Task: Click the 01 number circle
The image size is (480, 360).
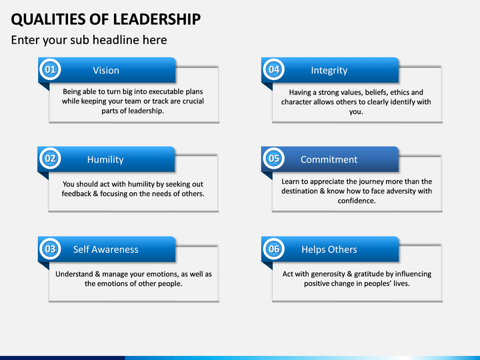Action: [x=50, y=69]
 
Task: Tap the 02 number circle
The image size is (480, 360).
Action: [x=50, y=159]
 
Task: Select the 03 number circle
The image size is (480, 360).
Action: [x=50, y=249]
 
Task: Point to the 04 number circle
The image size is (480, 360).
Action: [x=274, y=69]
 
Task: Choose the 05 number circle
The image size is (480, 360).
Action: [x=274, y=159]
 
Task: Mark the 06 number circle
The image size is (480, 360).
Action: [x=274, y=249]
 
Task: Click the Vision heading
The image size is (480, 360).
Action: [x=106, y=71]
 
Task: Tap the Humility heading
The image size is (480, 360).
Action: [x=105, y=159]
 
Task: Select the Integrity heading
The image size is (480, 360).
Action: [x=329, y=71]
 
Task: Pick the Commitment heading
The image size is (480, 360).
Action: [x=329, y=159]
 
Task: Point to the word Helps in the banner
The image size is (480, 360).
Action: [x=312, y=250]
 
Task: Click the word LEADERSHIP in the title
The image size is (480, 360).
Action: [x=157, y=19]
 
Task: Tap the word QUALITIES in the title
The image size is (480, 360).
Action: [x=48, y=19]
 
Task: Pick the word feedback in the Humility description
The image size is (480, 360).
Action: [x=76, y=193]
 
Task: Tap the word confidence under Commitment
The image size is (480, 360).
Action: [x=357, y=201]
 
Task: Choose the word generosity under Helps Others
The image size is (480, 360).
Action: [x=328, y=274]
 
